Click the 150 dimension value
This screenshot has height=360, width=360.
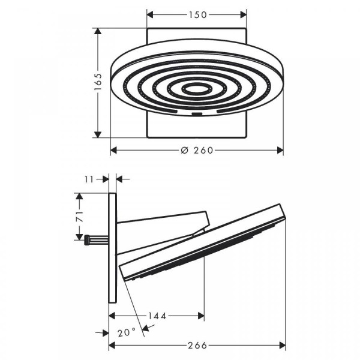click(x=197, y=15)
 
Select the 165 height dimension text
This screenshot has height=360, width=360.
click(x=98, y=82)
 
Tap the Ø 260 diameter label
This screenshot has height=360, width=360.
click(x=197, y=151)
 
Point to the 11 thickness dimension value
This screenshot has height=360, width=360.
click(x=89, y=179)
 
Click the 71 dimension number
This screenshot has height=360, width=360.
click(x=79, y=217)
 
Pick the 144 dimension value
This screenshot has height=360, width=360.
click(x=157, y=316)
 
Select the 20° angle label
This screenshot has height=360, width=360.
click(x=127, y=332)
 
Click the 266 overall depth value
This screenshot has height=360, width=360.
click(x=197, y=346)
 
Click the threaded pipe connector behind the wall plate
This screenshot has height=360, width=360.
click(x=97, y=240)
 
